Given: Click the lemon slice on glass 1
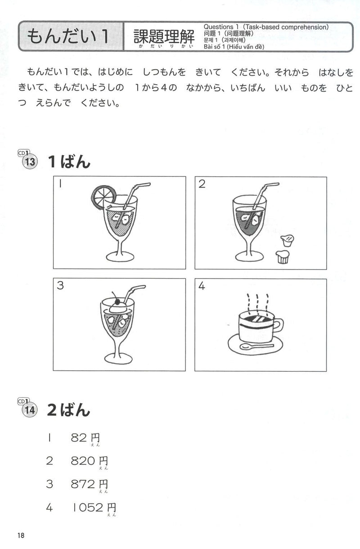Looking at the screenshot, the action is click(103, 197).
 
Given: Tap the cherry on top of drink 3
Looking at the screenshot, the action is click(117, 301).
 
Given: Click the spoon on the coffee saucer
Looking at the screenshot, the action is click(256, 346).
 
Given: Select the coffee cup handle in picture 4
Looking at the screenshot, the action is click(279, 325).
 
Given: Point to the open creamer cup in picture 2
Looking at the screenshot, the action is click(287, 240).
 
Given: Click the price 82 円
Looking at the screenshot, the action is click(85, 438).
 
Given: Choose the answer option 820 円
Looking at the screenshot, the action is click(89, 461).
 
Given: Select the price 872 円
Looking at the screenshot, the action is click(89, 485).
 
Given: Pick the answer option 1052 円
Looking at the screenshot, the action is click(94, 508).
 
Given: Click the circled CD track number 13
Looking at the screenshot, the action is click(30, 162).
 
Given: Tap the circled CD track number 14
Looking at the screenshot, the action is click(30, 410).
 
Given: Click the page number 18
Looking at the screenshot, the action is click(21, 535).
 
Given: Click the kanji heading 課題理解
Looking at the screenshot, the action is click(164, 36).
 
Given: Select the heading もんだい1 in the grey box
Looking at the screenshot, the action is click(68, 36).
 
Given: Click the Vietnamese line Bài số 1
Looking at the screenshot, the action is click(234, 46).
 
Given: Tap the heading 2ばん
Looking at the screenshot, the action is click(68, 410).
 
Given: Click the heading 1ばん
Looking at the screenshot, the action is click(69, 162).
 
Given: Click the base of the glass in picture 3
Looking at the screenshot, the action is click(119, 359).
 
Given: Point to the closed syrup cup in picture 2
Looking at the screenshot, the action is click(282, 257).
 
